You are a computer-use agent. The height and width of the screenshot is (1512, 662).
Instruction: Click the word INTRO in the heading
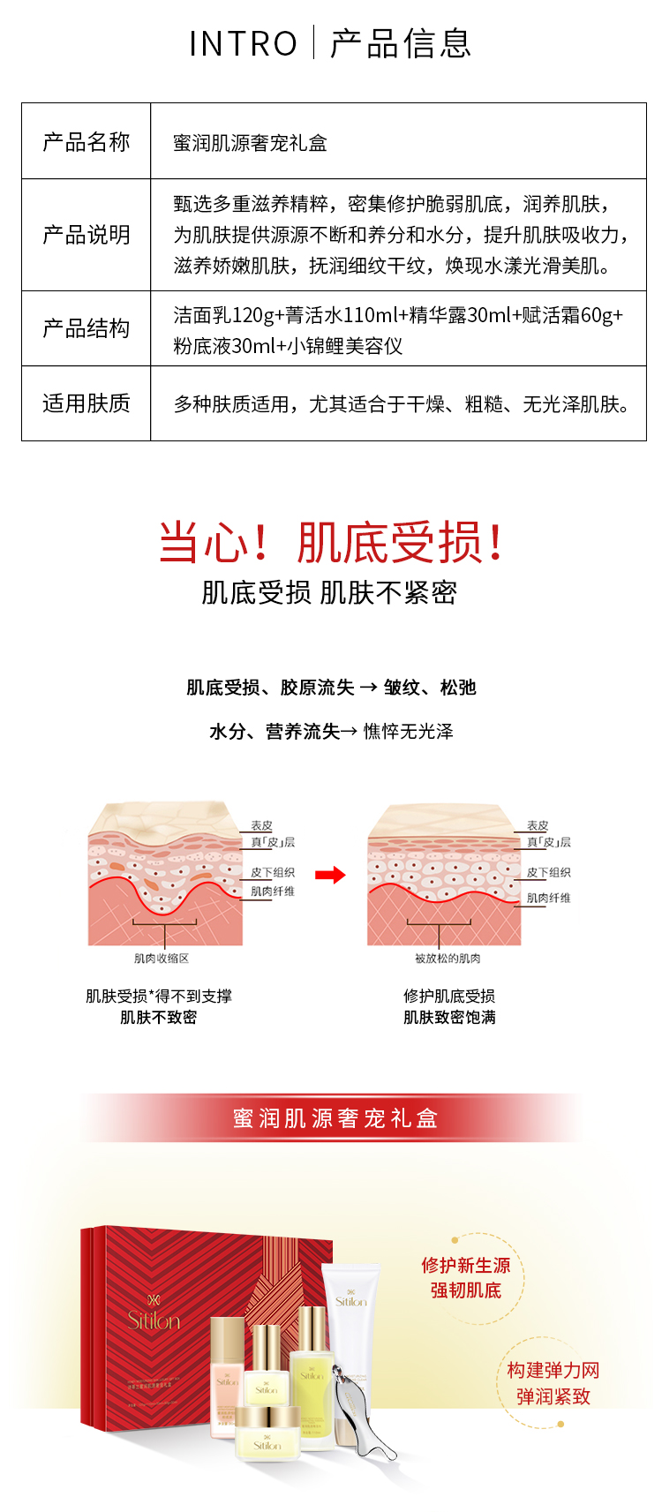coord(244,43)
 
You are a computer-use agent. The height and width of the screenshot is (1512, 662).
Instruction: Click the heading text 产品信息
coord(402,43)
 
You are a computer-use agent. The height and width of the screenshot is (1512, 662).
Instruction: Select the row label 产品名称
coord(87,142)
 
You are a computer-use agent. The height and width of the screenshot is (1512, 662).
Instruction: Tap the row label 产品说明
coord(87,235)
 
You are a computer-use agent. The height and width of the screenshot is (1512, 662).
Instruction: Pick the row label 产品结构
coord(87,328)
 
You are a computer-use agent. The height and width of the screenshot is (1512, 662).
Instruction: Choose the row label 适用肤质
coord(87,403)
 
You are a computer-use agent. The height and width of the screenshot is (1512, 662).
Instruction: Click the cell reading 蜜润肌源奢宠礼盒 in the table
coord(251,143)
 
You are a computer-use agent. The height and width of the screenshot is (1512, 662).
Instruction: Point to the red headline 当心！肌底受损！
coord(330,541)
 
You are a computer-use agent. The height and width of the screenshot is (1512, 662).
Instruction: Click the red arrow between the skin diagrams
coord(330,875)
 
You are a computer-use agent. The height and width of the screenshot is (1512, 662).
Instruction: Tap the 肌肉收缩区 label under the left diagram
coord(162,959)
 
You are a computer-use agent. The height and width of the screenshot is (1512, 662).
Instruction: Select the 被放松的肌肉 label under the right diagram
coord(448,959)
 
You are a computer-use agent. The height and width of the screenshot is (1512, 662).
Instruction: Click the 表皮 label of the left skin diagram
coord(262,825)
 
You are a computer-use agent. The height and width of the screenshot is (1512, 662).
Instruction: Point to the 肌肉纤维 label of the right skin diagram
coord(548,898)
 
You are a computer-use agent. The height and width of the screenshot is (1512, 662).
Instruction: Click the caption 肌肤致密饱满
coord(449,1018)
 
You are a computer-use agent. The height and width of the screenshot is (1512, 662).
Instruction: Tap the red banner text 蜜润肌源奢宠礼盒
coord(335,1118)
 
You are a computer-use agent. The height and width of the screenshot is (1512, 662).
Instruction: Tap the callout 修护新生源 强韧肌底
coord(465,1277)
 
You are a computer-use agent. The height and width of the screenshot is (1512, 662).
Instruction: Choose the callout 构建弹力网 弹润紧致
coord(553,1383)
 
